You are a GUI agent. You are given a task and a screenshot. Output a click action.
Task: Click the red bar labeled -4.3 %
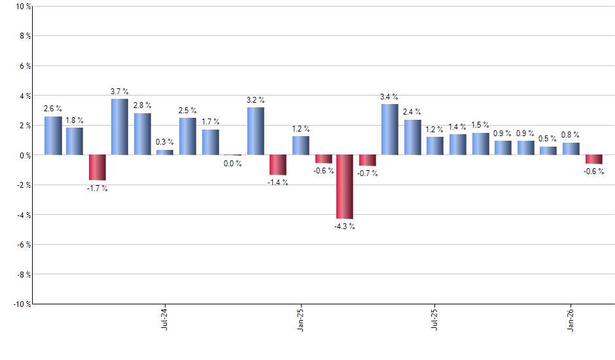pos(345,187)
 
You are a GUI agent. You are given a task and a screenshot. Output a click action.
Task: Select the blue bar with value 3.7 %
pos(120,127)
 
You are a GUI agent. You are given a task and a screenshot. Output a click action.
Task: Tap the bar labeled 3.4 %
pos(389,130)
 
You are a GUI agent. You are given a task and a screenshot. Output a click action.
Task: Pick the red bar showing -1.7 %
pos(97,168)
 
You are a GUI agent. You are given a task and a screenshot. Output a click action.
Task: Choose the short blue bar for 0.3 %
pos(165,153)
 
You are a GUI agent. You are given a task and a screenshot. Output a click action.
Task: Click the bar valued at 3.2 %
pos(255,131)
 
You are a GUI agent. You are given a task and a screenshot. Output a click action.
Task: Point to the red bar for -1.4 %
pos(277,165)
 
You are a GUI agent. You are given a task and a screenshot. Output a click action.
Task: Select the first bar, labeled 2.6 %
pos(53,135)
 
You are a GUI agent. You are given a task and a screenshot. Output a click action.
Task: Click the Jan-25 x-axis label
pos(300,319)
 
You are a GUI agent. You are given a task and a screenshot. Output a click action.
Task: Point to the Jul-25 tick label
pos(435,319)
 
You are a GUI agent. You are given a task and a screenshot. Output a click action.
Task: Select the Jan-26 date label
pos(571,319)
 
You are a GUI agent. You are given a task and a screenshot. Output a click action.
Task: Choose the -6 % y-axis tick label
pos(23,244)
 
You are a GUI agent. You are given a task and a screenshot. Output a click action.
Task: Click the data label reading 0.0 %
pos(232,164)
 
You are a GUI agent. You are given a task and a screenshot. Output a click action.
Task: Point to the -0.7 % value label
pos(367,173)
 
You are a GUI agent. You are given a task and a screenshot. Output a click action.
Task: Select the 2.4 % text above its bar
pos(412,112)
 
